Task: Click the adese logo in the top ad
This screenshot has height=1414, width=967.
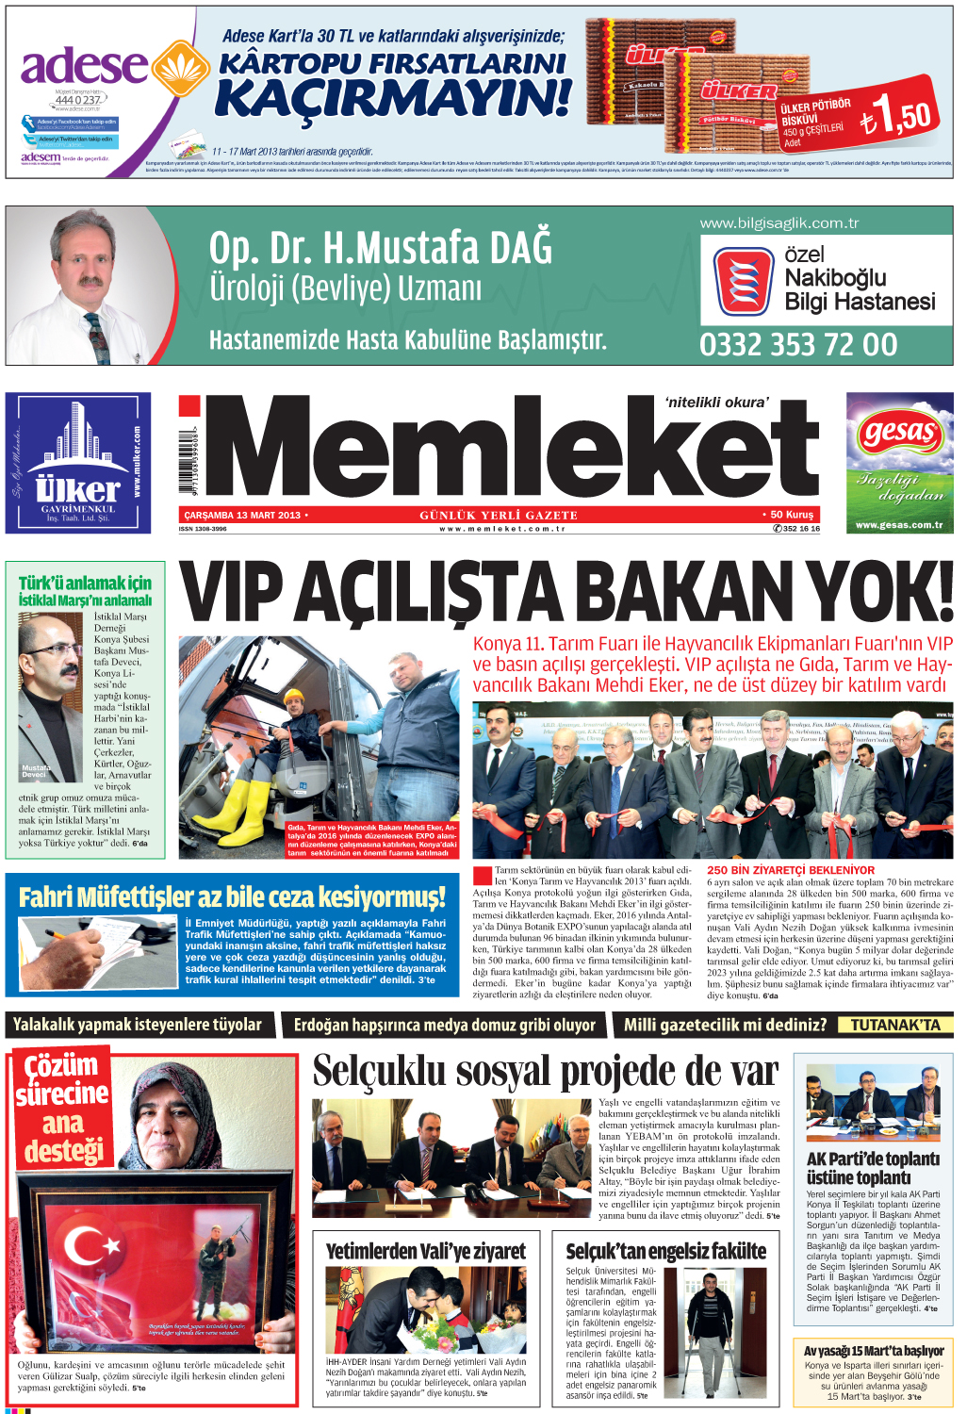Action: coord(85,68)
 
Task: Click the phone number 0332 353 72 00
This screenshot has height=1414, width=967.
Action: coord(798,345)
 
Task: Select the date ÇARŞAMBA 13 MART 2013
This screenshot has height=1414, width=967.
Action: coord(242,515)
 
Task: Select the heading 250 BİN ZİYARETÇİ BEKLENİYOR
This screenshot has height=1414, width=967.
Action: coord(791,870)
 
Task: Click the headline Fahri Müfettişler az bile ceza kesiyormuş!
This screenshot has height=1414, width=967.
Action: coord(232,896)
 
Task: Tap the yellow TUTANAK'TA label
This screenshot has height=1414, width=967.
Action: coord(895,1025)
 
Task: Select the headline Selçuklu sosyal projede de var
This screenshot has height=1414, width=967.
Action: coord(546,1072)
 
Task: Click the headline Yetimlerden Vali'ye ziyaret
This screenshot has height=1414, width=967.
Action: coord(426,1251)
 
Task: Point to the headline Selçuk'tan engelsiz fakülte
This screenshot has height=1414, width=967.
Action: coord(666,1251)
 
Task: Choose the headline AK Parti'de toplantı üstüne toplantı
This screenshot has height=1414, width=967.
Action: coord(873,1168)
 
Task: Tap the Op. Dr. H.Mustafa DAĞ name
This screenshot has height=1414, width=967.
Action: coord(381,248)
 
